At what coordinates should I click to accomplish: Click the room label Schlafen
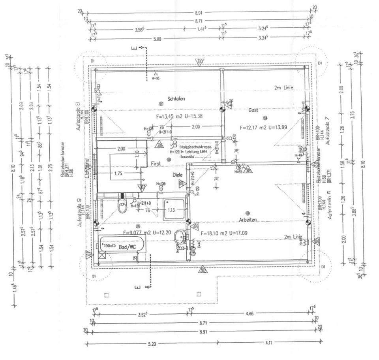click(176, 98)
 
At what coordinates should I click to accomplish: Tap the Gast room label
click(253, 110)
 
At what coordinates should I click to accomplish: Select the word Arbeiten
click(248, 220)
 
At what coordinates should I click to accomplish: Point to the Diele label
click(178, 175)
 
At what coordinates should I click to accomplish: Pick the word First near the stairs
click(156, 163)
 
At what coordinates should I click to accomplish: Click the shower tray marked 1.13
click(174, 209)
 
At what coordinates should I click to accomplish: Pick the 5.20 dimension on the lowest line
click(152, 344)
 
